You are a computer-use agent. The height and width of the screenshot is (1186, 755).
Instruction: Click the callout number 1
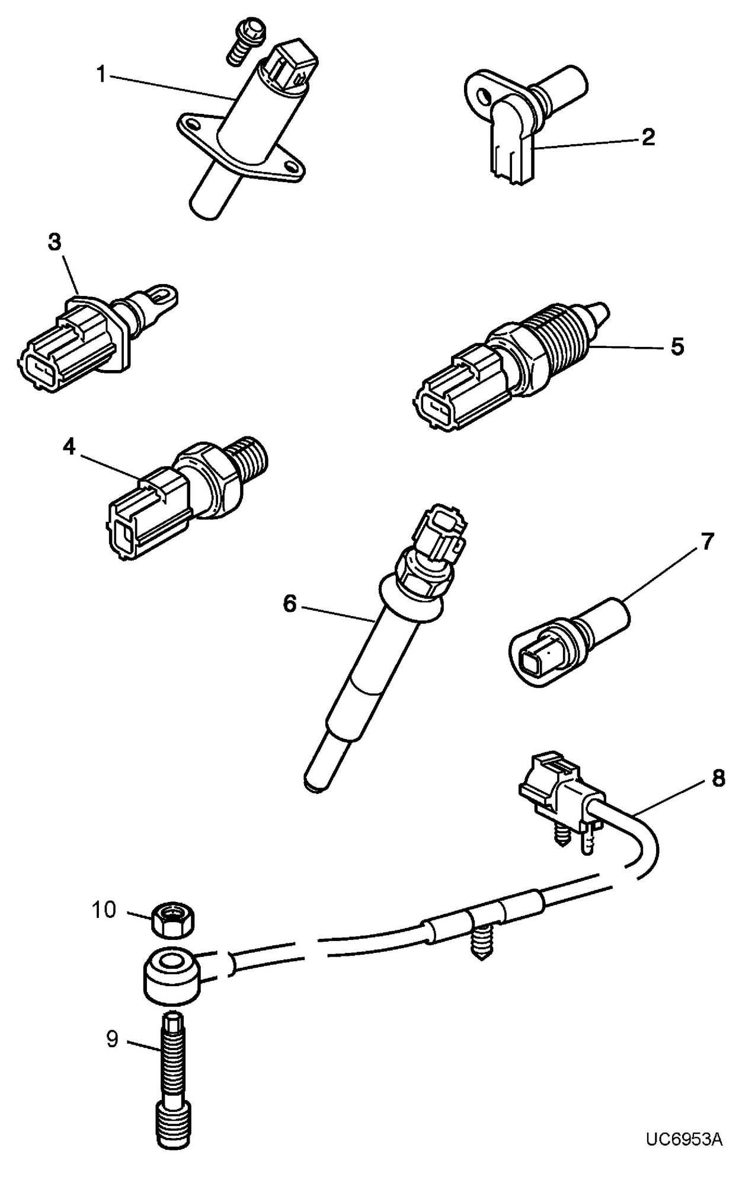tap(101, 75)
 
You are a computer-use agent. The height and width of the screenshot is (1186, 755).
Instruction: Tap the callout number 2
tap(648, 138)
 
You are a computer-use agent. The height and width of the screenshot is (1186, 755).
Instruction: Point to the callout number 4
tap(69, 448)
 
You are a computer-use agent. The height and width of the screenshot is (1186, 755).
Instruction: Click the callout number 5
tap(677, 346)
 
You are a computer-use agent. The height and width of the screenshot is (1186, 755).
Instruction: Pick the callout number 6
tap(289, 605)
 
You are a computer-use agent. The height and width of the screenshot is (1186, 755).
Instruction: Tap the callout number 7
tap(708, 541)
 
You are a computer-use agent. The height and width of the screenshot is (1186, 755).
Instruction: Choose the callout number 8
tap(718, 779)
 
